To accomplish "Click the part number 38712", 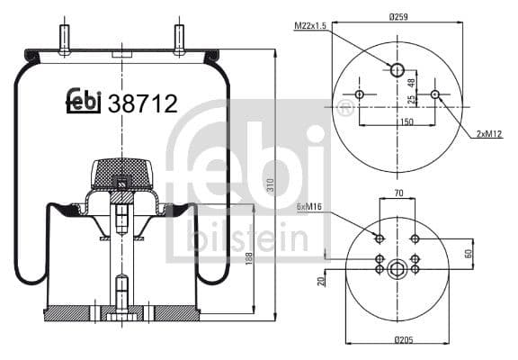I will click(142, 103).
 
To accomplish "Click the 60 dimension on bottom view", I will click(469, 251).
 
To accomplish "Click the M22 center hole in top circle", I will click(397, 69).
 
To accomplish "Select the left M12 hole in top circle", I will click(360, 94).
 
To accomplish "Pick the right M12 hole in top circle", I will click(434, 94).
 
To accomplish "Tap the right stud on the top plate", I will click(179, 39).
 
